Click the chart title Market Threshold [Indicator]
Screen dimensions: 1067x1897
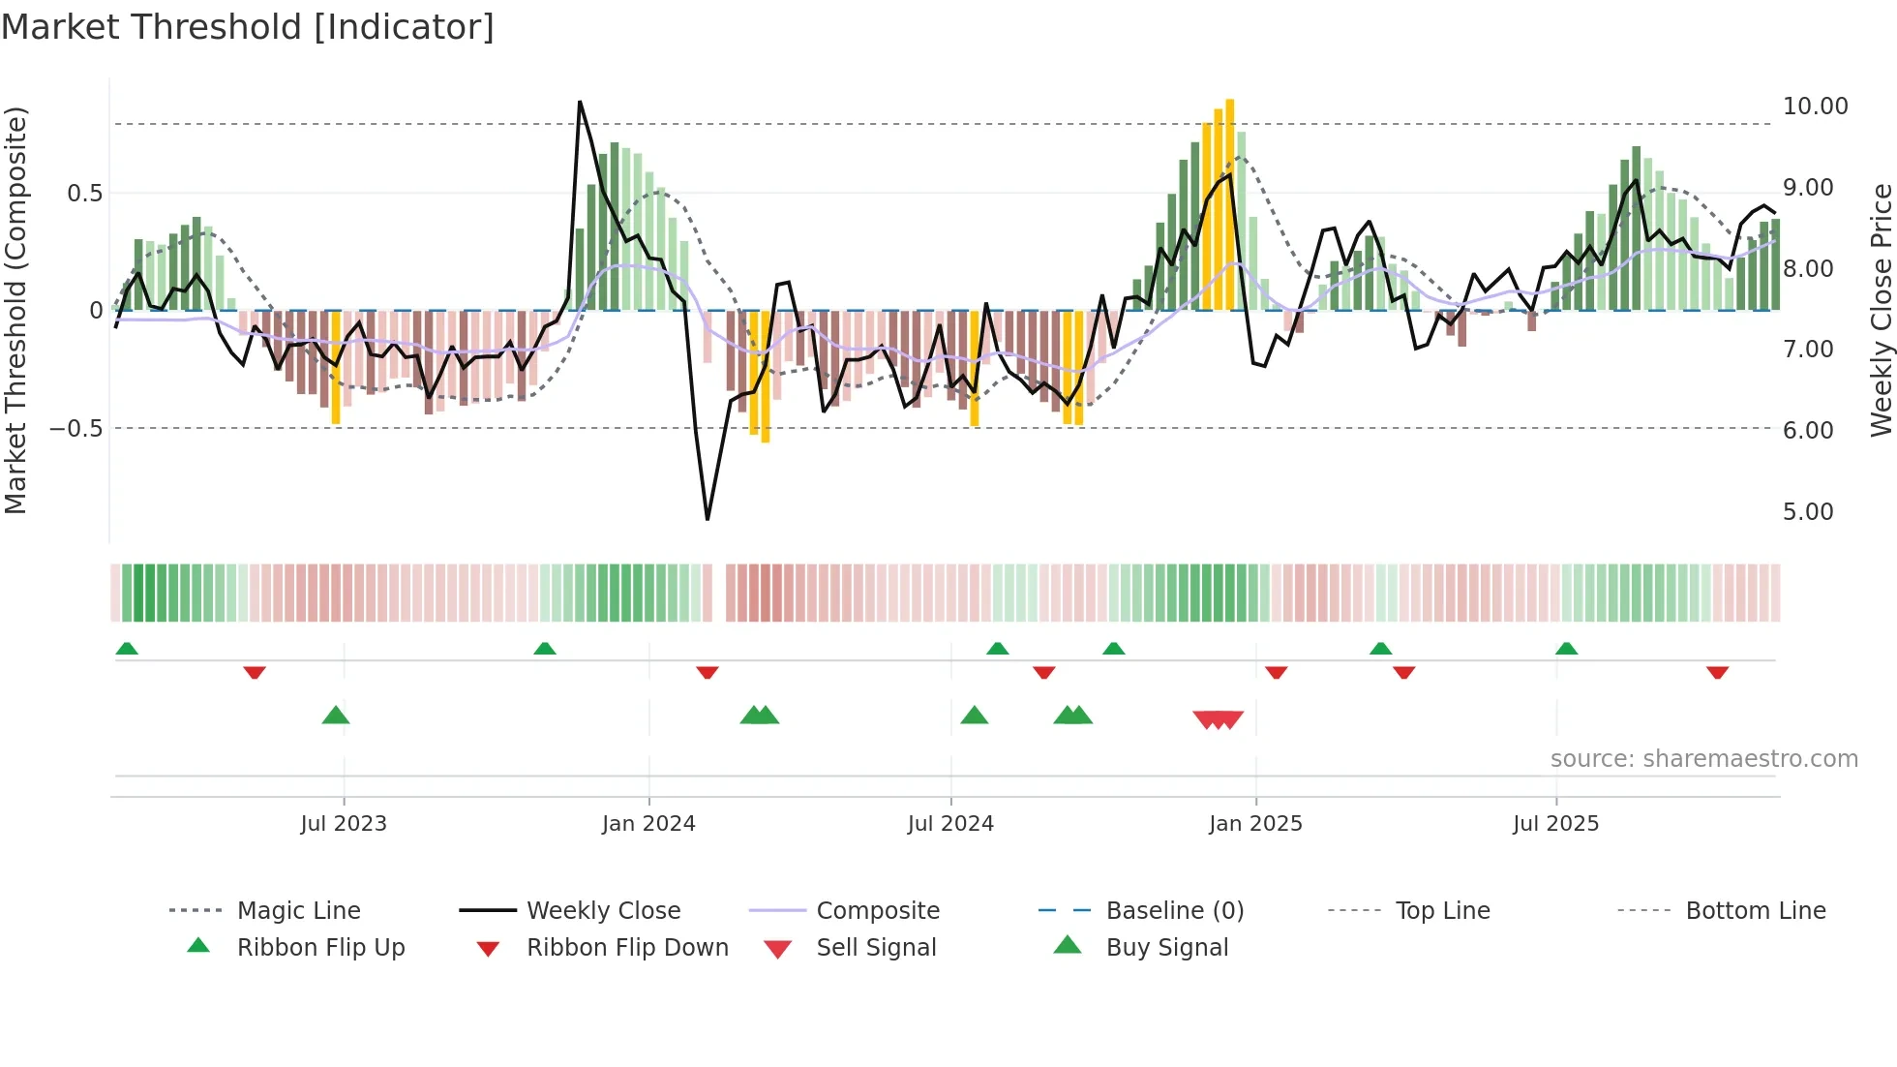point(248,27)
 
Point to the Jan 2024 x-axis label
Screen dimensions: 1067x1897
point(648,824)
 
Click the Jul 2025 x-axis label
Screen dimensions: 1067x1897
point(1555,824)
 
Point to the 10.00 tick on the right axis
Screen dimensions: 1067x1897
point(1815,107)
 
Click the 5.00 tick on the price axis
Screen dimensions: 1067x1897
point(1808,511)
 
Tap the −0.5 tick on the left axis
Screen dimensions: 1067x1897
point(76,428)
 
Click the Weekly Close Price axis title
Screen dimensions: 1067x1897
point(1881,310)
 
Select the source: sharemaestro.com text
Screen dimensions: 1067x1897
point(1703,759)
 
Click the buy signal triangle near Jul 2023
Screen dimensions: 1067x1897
point(336,716)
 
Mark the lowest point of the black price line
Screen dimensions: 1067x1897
point(708,519)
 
